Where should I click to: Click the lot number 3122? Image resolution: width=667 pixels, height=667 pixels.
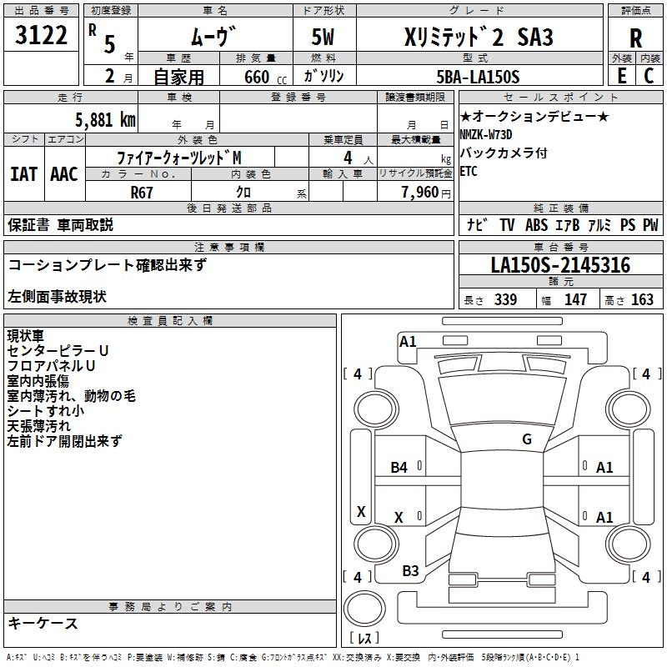[x=43, y=38]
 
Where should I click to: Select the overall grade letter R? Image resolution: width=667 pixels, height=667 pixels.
[x=635, y=39]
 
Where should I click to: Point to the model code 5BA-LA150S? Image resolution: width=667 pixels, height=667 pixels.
[x=479, y=77]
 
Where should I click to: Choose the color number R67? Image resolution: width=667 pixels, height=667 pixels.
[x=143, y=191]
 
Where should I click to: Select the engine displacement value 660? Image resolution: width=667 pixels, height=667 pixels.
[x=256, y=77]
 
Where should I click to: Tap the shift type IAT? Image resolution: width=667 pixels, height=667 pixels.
[x=23, y=173]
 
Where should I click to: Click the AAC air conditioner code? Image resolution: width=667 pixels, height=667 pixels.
[x=64, y=173]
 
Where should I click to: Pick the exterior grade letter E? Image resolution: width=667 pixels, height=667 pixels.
[x=621, y=76]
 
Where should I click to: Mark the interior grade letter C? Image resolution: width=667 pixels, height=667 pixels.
[x=649, y=76]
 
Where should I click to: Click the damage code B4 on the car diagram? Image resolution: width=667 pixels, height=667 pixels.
[x=399, y=468]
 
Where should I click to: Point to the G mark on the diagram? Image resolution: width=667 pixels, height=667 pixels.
[x=526, y=439]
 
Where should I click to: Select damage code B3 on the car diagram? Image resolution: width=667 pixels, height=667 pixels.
[x=410, y=570]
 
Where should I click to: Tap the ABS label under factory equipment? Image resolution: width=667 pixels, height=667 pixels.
[x=536, y=224]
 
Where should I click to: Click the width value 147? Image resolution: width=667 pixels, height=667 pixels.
[x=575, y=300]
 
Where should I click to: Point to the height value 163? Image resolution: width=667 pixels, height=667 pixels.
[x=642, y=300]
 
